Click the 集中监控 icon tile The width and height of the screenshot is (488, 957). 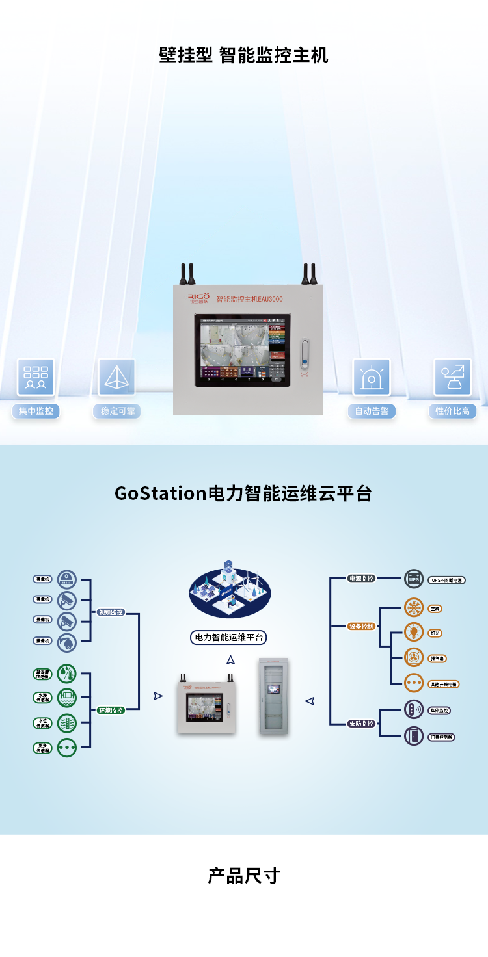click(36, 377)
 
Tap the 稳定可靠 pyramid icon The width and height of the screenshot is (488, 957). click(117, 377)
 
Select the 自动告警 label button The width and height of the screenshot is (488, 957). click(372, 412)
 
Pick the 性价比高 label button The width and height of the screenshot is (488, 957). click(453, 412)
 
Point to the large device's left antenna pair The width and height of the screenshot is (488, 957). click(188, 274)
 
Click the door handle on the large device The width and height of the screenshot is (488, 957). click(303, 354)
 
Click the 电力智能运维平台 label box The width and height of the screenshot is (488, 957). click(230, 637)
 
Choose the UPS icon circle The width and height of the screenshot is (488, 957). click(414, 579)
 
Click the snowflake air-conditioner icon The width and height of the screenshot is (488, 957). click(414, 608)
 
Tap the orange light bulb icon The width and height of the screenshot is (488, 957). click(414, 632)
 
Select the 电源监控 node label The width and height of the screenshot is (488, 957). click(361, 578)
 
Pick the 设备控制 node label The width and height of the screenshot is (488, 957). click(361, 627)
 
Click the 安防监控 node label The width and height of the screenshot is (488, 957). click(361, 724)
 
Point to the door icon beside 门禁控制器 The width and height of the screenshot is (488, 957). click(414, 737)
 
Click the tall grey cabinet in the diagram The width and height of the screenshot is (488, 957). click(274, 696)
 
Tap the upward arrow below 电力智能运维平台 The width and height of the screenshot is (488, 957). click(230, 660)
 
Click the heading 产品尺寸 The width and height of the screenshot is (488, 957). click(244, 875)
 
